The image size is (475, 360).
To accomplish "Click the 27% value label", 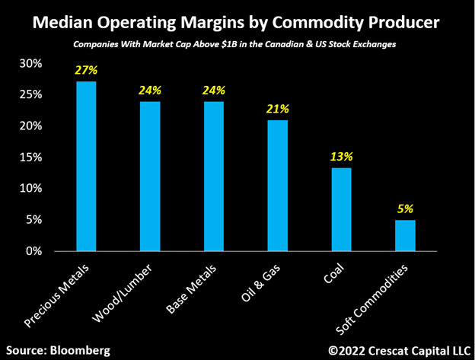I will coord(85,70).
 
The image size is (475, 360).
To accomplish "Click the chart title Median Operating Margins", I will coord(237,22).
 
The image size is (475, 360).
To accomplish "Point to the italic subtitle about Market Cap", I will coord(237,46).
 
